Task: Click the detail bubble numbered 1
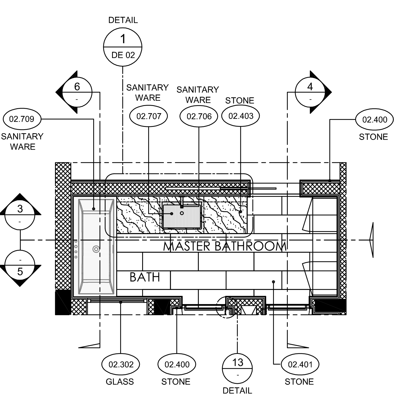coord(123,47)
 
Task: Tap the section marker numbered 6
coord(77,92)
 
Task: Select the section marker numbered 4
coord(310,92)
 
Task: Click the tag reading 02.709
coord(22,119)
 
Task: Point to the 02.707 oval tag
coord(149,116)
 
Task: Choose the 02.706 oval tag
coord(199,116)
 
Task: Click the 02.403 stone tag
coord(241,116)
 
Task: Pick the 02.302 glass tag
coord(121,364)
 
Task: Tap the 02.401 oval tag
coord(300,364)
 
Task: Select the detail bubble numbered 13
coord(237,368)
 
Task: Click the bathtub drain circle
coord(96,249)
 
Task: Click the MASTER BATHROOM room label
coord(225,246)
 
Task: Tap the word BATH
coord(145,277)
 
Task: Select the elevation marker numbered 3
coord(20,214)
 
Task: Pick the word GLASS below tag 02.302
coord(120,382)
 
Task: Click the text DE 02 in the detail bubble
coord(123,55)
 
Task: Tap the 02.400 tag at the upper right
coord(375,120)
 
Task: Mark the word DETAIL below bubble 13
coord(237,391)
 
